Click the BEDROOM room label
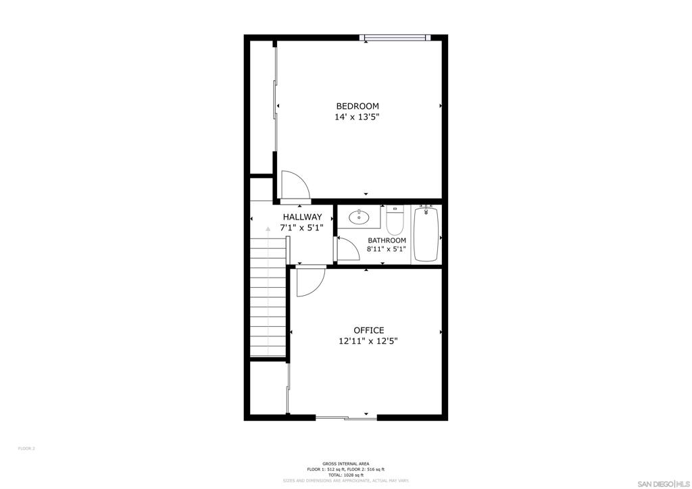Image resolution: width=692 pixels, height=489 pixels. tap(357, 106)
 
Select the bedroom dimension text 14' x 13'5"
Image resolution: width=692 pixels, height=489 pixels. tap(357, 117)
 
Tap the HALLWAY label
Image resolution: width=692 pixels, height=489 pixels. tap(302, 217)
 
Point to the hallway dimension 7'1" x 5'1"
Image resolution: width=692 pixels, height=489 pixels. tap(302, 228)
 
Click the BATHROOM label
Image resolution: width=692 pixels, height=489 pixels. tap(387, 240)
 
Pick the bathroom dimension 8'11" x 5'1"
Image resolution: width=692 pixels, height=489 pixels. tap(387, 249)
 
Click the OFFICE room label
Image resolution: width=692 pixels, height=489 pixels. tap(368, 330)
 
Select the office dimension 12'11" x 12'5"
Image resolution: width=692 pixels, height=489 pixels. tap(368, 341)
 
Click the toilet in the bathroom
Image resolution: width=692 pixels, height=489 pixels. tap(395, 220)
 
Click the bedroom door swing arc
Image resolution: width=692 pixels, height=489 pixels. tap(295, 186)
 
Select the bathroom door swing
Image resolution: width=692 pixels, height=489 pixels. tap(347, 249)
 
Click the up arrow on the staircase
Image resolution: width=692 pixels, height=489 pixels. tap(268, 229)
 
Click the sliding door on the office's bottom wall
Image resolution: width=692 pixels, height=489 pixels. tap(346, 418)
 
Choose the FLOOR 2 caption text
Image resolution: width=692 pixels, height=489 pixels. tap(26, 448)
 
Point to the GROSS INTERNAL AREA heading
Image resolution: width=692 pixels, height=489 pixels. tap(345, 463)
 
